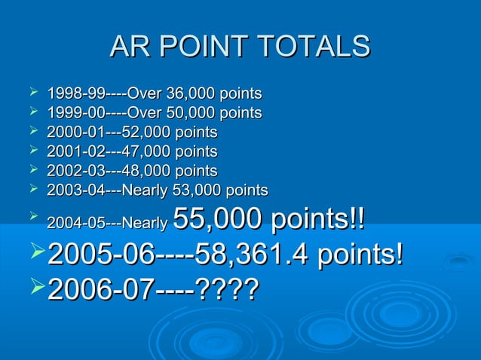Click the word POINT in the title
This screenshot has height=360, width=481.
pyautogui.click(x=198, y=47)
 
